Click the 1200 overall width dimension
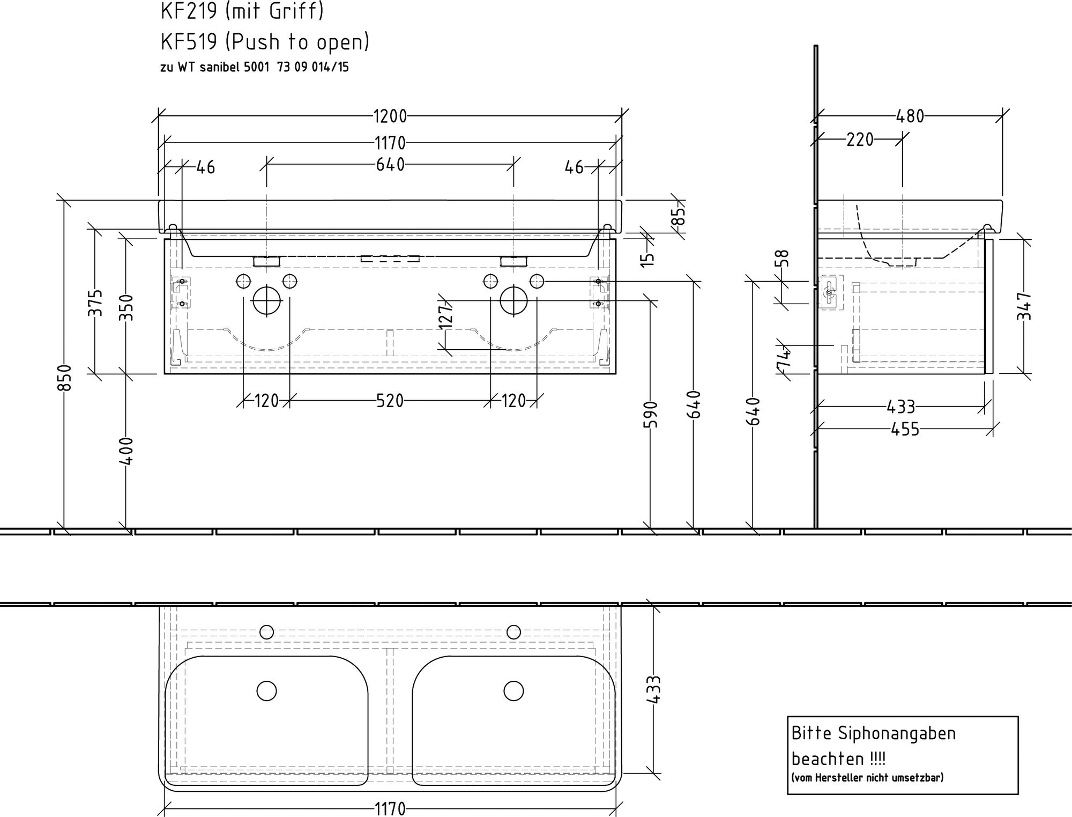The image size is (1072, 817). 390,116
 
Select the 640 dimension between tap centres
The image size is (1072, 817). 390,165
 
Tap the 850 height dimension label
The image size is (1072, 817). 64,378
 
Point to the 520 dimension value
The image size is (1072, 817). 390,401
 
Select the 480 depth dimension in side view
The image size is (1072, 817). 910,116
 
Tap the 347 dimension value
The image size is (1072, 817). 1024,306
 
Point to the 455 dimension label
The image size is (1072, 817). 905,429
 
